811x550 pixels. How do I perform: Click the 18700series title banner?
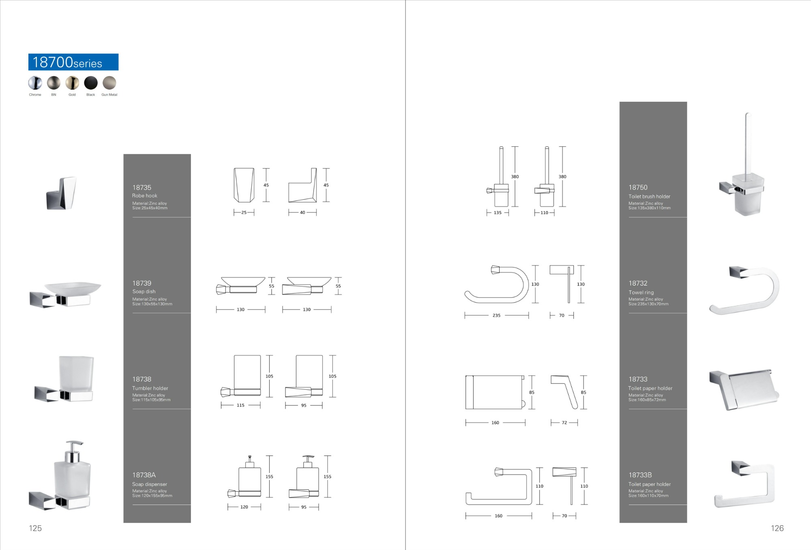coord(73,62)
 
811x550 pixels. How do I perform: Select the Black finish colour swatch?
coord(91,83)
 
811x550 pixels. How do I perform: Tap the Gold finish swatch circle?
coord(72,83)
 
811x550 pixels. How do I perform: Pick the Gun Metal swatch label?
coord(109,95)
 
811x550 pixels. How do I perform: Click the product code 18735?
coord(142,187)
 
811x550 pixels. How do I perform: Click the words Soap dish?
coord(144,292)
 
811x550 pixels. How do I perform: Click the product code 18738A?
coord(144,475)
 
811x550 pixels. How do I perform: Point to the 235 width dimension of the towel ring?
coord(496,316)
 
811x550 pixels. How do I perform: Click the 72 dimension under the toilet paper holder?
coord(564,423)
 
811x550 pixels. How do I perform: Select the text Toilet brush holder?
coord(649,196)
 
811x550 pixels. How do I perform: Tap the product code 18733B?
coord(640,475)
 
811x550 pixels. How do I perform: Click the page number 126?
coord(777,528)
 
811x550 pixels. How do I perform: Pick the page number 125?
coord(35,528)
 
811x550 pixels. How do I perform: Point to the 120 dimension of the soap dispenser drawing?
coord(244,507)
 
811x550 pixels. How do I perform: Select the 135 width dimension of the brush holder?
coord(498,213)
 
